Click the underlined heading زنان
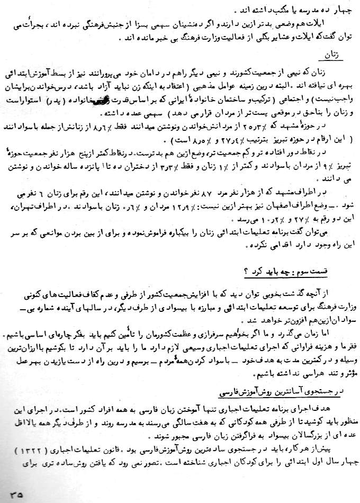click(332, 55)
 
